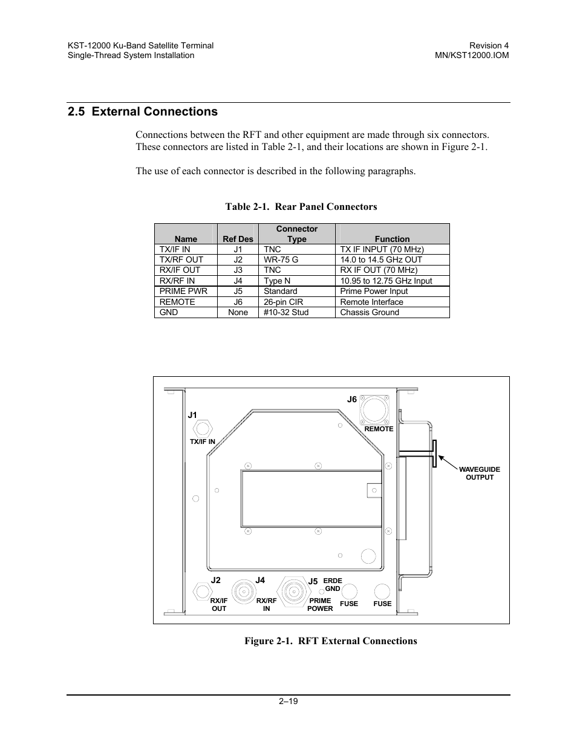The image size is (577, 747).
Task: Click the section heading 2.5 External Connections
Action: point(143,112)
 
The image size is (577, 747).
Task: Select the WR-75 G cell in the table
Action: point(281,259)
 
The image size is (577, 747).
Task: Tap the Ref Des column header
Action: point(238,239)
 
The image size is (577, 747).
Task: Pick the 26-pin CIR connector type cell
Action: point(283,302)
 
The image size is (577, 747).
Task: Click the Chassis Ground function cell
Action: point(369,313)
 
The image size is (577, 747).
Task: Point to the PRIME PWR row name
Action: point(183,291)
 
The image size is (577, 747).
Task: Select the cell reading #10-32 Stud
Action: point(285,313)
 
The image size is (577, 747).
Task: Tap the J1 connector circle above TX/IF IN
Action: point(202,428)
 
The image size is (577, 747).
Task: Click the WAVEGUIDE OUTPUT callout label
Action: point(479,473)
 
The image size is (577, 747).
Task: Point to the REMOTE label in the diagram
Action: point(379,429)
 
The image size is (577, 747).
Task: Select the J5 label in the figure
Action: point(313,581)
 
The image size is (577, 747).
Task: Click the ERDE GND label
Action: point(333,584)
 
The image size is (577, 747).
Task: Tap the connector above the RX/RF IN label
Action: point(243,590)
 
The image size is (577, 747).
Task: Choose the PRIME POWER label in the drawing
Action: point(320,604)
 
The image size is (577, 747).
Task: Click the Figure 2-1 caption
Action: point(330,641)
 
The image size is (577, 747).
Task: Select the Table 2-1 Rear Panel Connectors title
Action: point(301,207)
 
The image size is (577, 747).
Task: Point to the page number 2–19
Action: point(288,702)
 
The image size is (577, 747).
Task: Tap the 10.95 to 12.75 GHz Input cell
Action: point(386,281)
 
